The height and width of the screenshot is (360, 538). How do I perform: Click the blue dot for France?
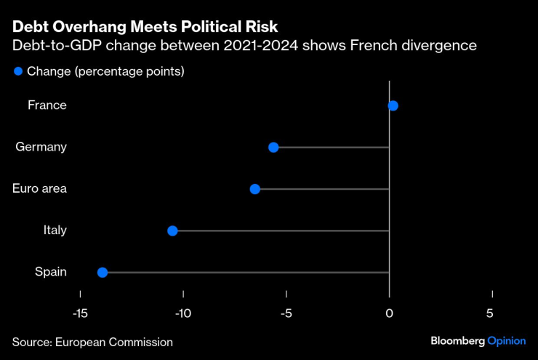[x=393, y=105]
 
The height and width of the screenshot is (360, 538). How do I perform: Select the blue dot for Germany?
[x=273, y=147]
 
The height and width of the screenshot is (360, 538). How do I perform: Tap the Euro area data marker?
[x=255, y=189]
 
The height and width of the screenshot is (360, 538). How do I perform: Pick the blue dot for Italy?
[x=172, y=231]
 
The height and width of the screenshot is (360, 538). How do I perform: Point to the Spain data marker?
[x=103, y=272]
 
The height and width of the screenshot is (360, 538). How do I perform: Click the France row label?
[x=47, y=105]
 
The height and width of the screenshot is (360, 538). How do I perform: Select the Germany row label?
[x=41, y=147]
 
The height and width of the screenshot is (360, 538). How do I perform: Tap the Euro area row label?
[x=40, y=189]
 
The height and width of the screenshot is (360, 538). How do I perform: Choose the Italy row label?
[x=55, y=231]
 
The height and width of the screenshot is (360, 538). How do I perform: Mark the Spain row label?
[x=51, y=272]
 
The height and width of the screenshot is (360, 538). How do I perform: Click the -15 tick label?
[x=80, y=313]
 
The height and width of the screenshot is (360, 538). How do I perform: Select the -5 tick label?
[x=286, y=313]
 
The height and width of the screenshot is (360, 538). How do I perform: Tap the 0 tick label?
[x=390, y=313]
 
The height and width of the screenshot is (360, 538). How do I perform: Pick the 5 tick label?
[x=490, y=313]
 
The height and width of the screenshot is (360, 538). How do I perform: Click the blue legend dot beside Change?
[x=18, y=71]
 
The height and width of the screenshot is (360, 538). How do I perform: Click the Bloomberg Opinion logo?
[x=478, y=341]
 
